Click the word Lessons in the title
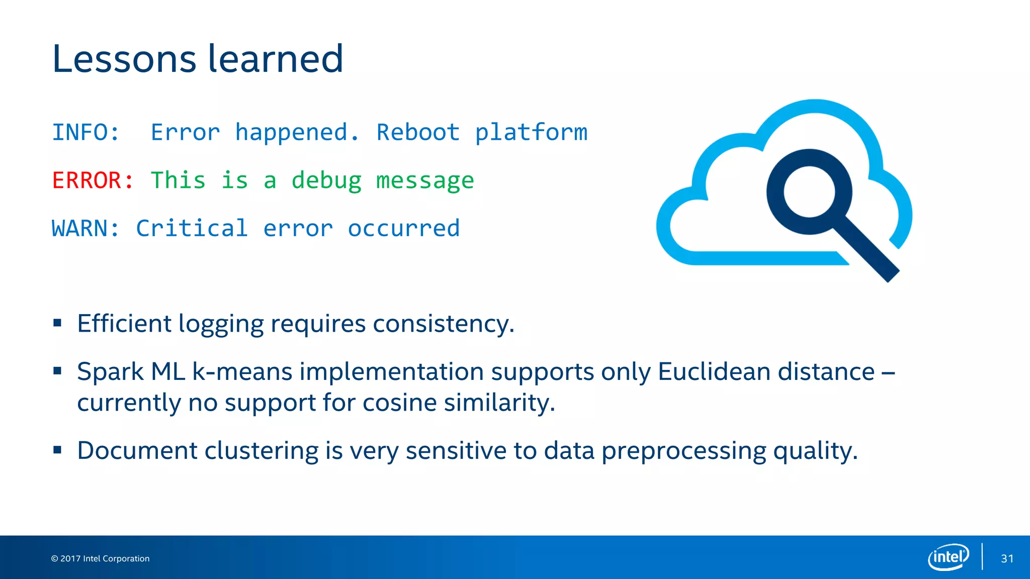[x=124, y=59]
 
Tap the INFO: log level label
[x=86, y=133]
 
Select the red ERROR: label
[x=93, y=180]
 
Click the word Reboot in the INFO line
[x=418, y=133]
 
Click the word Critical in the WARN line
[x=192, y=229]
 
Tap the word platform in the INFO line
[x=531, y=133]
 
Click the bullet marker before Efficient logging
[x=57, y=323]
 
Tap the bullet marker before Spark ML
[x=57, y=371]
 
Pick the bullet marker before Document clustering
[x=57, y=450]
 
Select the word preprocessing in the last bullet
[x=683, y=451]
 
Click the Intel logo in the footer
[x=948, y=557]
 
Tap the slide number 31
[x=1007, y=558]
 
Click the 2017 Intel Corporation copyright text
[x=100, y=558]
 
